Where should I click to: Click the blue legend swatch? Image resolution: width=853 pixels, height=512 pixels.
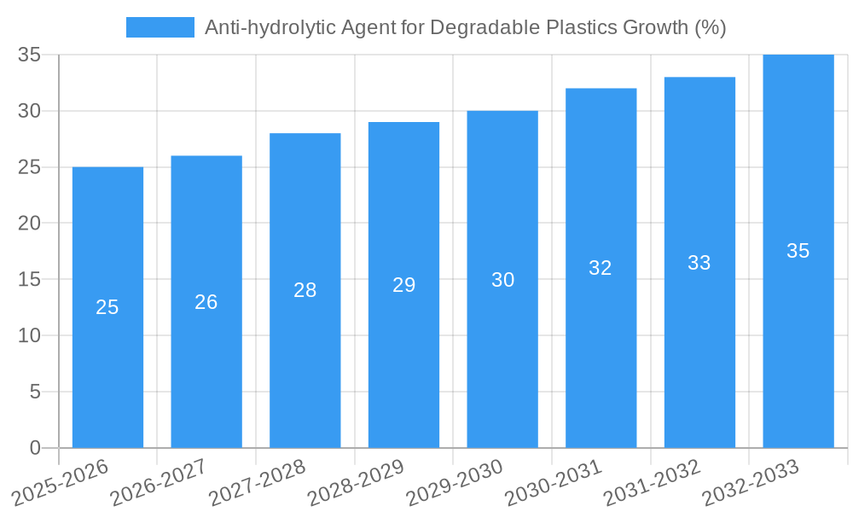coord(160,27)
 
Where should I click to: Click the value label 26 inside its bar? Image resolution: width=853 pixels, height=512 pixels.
coord(206,302)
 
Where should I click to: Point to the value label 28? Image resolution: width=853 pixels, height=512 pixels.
coord(305,290)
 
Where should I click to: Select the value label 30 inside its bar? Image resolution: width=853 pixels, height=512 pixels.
coord(502,280)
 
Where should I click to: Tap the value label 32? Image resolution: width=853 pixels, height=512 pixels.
coord(601,268)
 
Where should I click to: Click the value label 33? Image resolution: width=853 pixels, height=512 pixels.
coord(699,263)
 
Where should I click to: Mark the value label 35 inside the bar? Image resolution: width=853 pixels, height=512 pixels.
coord(798,251)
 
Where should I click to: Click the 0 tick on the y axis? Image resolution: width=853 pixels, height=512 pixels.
coord(35,448)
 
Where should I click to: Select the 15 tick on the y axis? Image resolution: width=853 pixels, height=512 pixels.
coord(30,279)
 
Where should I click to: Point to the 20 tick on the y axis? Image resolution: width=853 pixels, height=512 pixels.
coord(30,224)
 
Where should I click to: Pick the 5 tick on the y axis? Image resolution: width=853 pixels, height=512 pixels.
coord(35,392)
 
